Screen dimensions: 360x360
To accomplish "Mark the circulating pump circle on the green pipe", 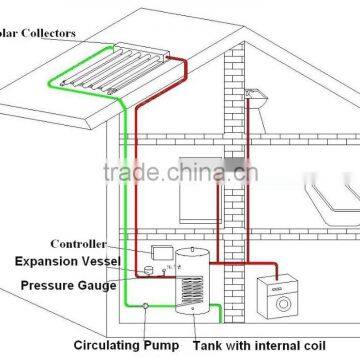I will pos(147,305).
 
